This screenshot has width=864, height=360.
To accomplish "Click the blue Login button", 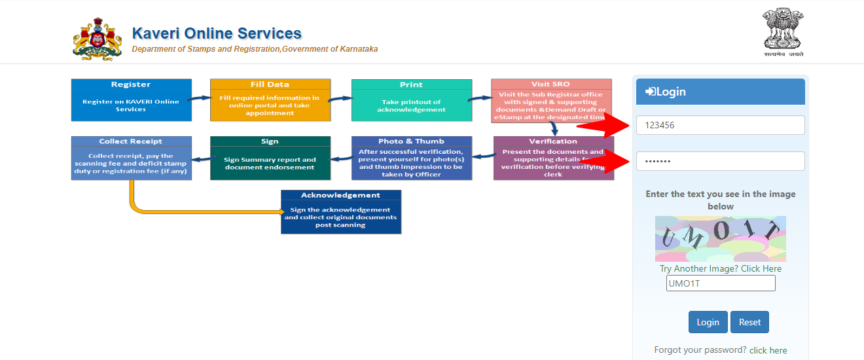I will click(x=708, y=322).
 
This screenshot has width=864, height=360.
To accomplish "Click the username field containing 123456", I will click(x=720, y=125).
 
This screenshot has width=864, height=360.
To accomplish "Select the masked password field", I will click(x=720, y=161).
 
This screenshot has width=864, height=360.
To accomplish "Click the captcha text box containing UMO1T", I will click(x=721, y=283).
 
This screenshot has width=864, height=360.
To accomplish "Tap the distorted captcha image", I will click(x=720, y=239).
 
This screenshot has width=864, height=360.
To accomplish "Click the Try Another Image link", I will click(x=721, y=268).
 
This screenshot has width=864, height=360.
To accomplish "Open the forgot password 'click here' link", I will click(x=768, y=350).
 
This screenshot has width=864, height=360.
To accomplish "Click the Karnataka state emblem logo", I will click(x=97, y=39).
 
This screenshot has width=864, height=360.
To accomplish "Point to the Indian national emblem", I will click(x=783, y=33).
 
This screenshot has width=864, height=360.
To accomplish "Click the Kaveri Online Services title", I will click(x=217, y=33).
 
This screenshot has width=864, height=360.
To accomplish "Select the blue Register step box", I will click(x=131, y=100).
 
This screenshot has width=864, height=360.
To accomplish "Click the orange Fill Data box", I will click(x=270, y=100).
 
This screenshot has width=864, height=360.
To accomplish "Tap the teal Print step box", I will click(x=411, y=100).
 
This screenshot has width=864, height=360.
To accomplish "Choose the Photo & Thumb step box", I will click(x=411, y=158).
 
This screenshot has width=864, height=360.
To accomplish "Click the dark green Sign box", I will click(x=270, y=158).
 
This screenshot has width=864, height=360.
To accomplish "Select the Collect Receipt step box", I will click(x=131, y=158).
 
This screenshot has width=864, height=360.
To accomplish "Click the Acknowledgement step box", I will click(x=340, y=212).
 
